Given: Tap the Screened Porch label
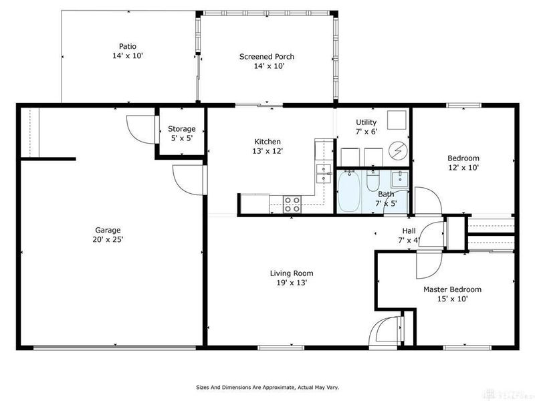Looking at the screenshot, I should (267, 57).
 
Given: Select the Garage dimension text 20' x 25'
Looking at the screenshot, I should (109, 239).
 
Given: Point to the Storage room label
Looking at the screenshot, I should (181, 129).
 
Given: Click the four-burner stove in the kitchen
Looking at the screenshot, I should (292, 204).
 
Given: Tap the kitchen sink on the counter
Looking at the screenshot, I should (324, 174).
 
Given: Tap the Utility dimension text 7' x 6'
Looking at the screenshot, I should (366, 132).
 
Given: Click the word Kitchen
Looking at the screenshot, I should (267, 142).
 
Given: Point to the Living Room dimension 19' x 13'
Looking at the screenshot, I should (291, 283).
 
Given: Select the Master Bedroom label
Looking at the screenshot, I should (452, 289).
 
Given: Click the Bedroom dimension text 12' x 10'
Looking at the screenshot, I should (463, 168).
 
